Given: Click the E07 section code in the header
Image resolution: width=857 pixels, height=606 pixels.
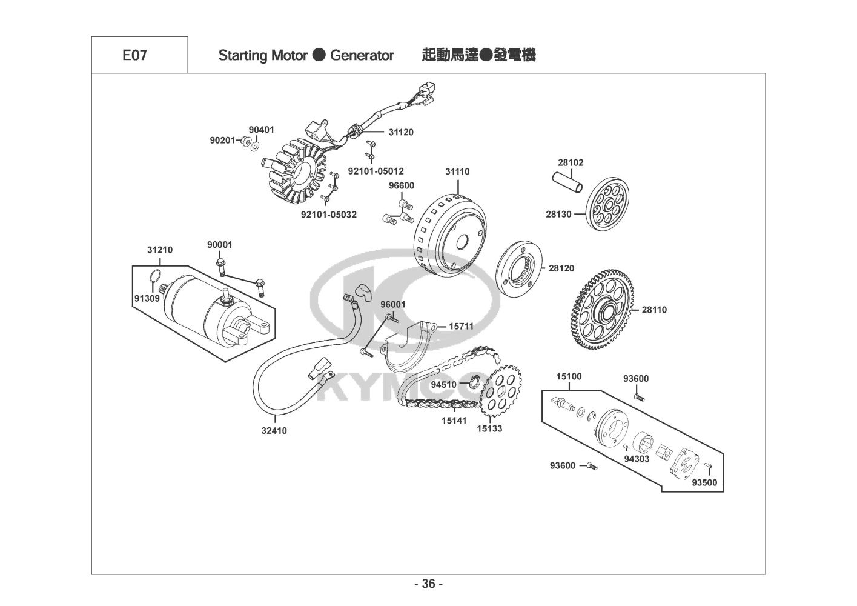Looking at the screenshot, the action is coord(134,55).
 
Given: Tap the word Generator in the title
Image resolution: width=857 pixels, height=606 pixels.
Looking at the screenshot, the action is coord(362,56).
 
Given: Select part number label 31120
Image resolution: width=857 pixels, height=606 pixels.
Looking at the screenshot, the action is coord(401,132).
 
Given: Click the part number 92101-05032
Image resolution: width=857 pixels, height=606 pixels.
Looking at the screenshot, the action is coord(329,215).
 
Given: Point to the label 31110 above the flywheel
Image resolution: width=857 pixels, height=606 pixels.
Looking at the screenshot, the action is coord(457,171).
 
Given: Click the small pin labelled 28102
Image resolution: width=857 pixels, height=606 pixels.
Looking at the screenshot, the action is coord(567,182).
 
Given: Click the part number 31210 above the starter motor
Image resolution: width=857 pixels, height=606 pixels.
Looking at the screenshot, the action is coord(160,250).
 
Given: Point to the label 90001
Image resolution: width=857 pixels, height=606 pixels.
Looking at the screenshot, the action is coord(220,245).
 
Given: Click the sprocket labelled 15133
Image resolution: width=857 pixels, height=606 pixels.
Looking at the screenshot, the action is coord(501,391).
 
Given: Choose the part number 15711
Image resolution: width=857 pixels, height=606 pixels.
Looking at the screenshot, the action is coord(461,326).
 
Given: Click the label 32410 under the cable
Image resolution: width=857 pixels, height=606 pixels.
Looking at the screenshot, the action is coord(274,431).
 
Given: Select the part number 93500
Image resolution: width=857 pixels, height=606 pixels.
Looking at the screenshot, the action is coord(704,483).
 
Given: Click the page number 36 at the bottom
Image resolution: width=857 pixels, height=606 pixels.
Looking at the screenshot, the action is coord(429,584).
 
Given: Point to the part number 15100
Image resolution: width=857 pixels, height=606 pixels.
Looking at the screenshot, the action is coord(569,376).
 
